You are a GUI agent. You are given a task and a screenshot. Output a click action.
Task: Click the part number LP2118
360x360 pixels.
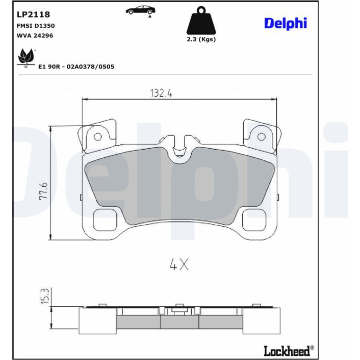point(33,14)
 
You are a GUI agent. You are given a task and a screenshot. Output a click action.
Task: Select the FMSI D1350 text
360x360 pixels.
point(36,26)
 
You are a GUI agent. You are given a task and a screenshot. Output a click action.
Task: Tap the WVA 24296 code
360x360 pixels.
point(35,36)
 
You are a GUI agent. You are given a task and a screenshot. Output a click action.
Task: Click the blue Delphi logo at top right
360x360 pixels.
point(286,23)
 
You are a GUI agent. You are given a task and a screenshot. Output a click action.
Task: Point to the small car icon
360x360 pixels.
point(141,11)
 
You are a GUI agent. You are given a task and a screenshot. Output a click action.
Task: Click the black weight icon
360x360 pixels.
point(202,21)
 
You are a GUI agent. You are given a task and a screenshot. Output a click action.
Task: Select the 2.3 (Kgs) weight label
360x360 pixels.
point(201,39)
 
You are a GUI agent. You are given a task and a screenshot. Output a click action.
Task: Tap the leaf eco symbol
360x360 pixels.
point(26,58)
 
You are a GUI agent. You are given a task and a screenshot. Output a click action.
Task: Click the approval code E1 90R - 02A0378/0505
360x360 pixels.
point(76,66)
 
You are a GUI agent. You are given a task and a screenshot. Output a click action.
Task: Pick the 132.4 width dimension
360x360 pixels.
point(161,93)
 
